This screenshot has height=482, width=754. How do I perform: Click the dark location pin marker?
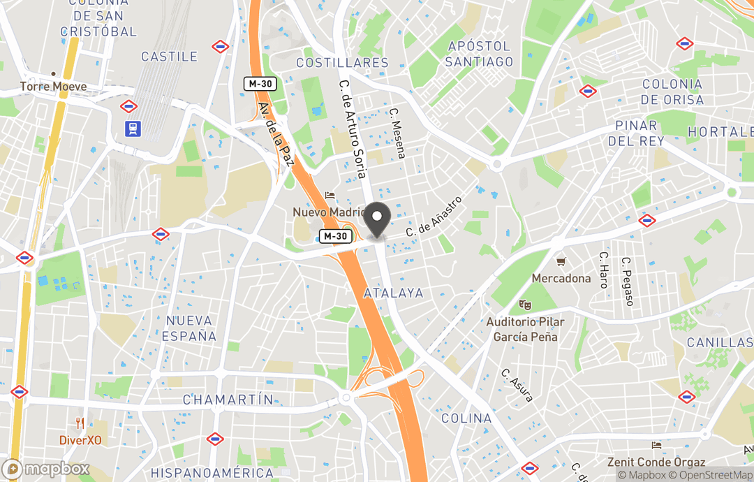378,219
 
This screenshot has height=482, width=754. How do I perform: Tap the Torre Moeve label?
53,87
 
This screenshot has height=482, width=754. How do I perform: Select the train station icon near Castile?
131,128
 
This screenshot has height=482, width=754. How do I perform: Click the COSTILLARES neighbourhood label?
342,63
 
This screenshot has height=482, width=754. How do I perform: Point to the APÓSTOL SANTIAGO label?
480,54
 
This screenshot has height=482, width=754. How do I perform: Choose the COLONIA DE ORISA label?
672,92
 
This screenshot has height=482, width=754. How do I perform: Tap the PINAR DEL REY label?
636,133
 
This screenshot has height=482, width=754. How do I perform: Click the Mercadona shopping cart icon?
560,262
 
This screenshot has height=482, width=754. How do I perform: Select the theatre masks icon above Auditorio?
524,305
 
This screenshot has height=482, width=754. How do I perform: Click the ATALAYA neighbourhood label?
394,293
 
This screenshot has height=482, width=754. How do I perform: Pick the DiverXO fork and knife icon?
80,423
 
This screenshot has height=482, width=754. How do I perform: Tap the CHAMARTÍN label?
228,400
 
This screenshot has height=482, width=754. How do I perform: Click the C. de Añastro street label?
435,215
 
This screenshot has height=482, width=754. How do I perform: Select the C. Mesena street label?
397,133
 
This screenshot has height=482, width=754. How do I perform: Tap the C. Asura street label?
517,385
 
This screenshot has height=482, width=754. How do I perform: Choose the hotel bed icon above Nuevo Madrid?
330,196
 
